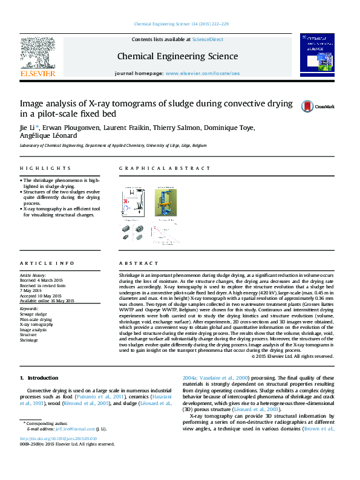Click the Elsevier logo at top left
tap(38, 57)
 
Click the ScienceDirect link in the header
tap(207, 39)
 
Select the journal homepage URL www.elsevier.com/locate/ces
tap(202, 73)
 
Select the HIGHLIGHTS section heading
tap(45, 168)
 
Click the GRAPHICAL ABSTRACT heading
tap(151, 168)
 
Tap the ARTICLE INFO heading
tap(47, 264)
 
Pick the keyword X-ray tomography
tap(36, 325)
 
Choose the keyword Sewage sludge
tap(33, 314)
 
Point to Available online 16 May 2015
tap(47, 300)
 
